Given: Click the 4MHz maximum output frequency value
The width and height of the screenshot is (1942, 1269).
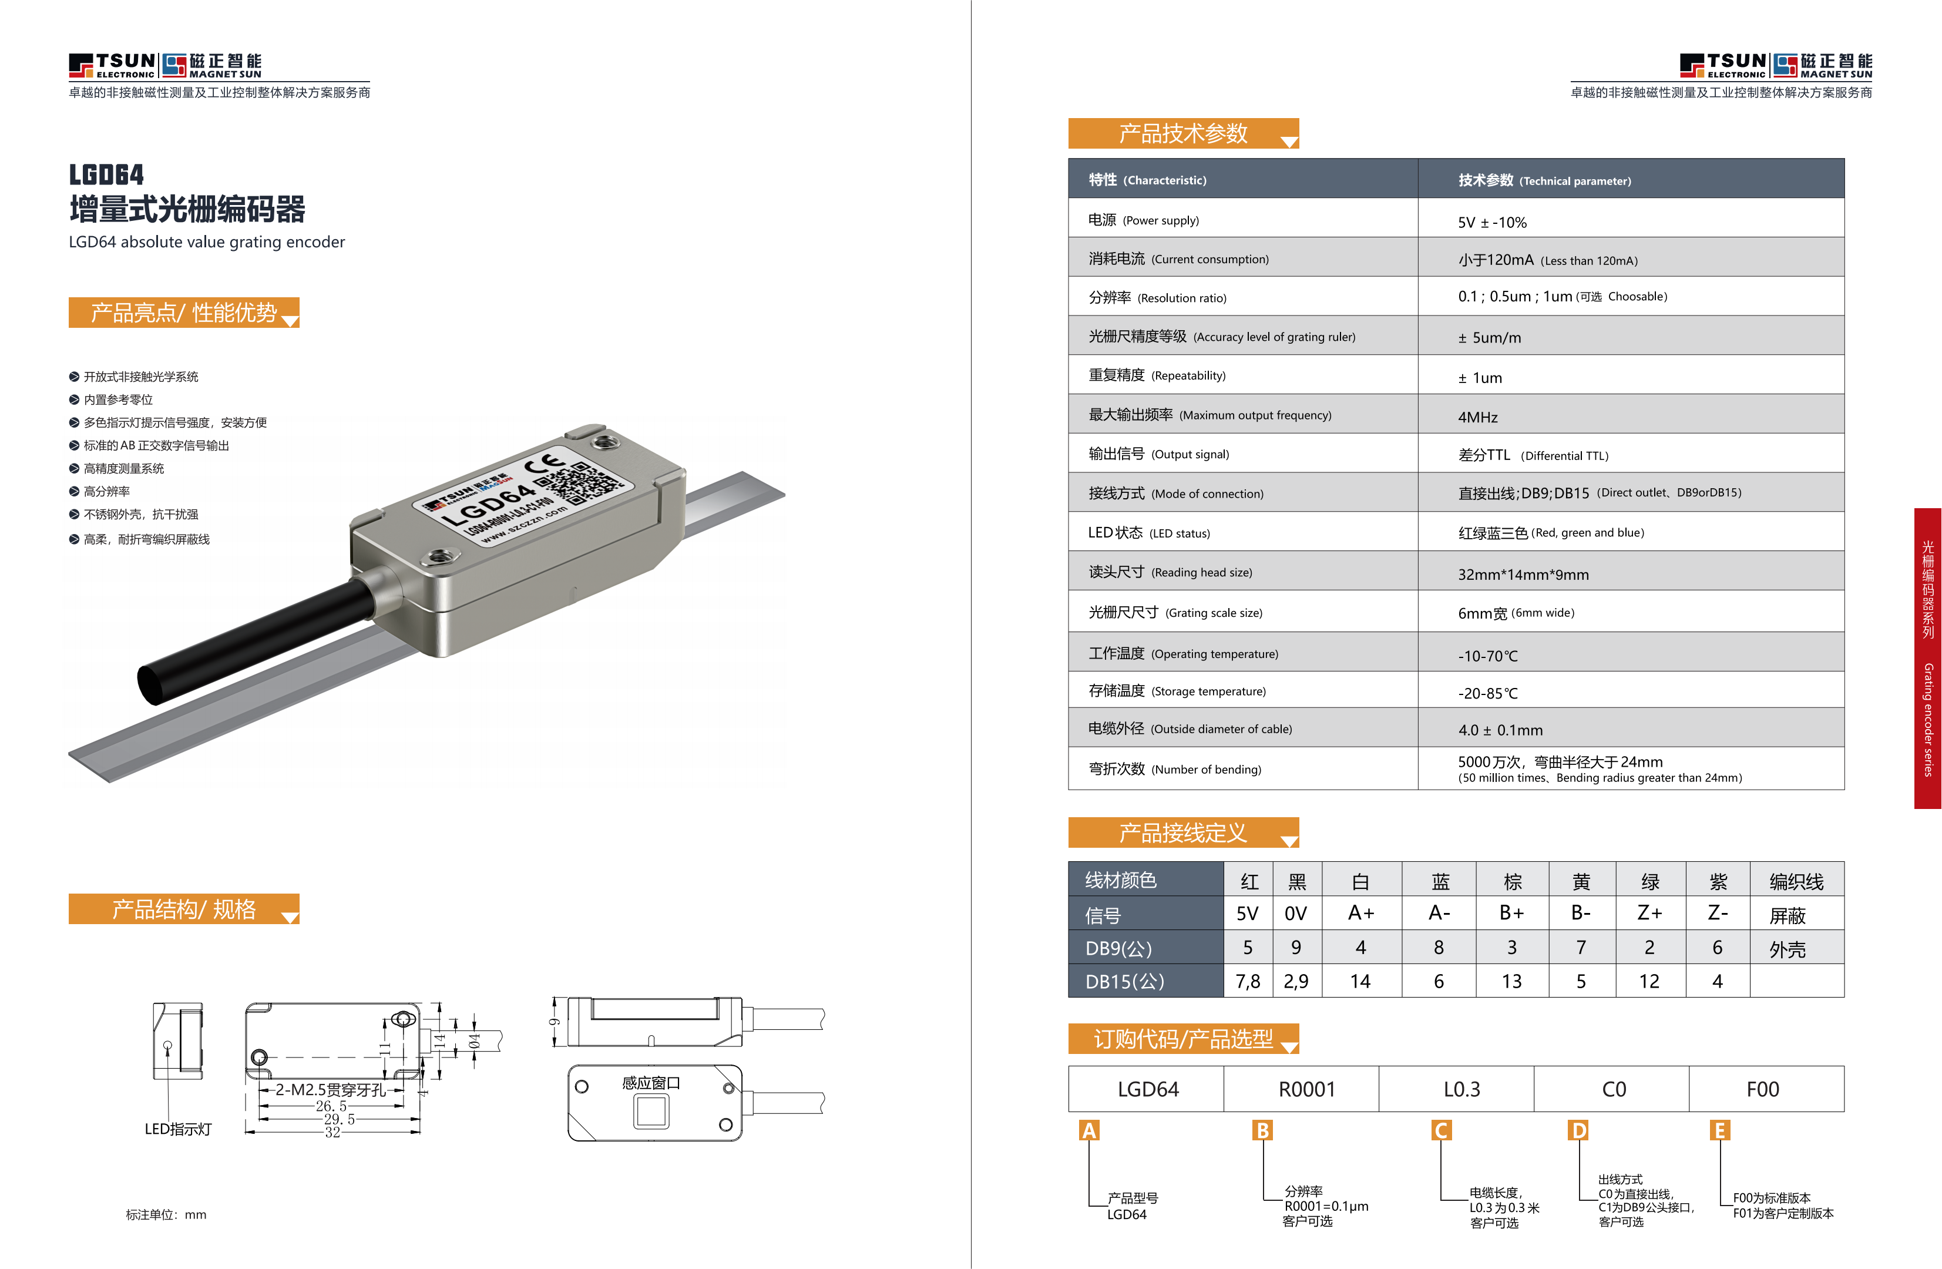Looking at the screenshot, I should click(1478, 417).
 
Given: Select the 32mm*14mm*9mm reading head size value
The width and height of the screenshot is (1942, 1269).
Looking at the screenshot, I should click(1523, 575).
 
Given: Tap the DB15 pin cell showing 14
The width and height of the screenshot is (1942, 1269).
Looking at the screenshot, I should click(1360, 981).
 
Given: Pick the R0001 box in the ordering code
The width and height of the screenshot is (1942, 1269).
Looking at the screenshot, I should click(1306, 1089).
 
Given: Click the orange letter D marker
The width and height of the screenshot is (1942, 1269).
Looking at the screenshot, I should click(1579, 1130).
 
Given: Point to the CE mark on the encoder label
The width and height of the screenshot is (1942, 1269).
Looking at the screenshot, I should click(545, 465).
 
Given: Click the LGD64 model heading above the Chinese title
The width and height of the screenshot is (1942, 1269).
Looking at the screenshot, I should click(106, 174).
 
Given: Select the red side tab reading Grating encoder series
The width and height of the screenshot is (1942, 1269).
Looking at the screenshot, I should click(1927, 658).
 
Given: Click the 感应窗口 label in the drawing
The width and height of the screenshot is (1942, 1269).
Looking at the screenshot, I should click(650, 1083).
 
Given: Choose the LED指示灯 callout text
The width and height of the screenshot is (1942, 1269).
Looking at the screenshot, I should click(178, 1129).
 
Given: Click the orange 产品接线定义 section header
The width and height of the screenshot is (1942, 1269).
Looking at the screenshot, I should click(1182, 832).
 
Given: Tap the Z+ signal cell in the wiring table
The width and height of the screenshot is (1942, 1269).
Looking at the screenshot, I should click(1649, 913).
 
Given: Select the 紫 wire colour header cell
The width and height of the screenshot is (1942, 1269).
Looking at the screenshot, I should click(1718, 881).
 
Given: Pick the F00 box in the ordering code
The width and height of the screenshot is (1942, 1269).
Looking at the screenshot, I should click(1762, 1089).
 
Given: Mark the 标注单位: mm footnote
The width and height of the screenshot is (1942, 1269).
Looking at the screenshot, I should click(166, 1215).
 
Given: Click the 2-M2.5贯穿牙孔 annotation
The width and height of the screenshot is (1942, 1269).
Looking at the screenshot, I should click(330, 1089).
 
